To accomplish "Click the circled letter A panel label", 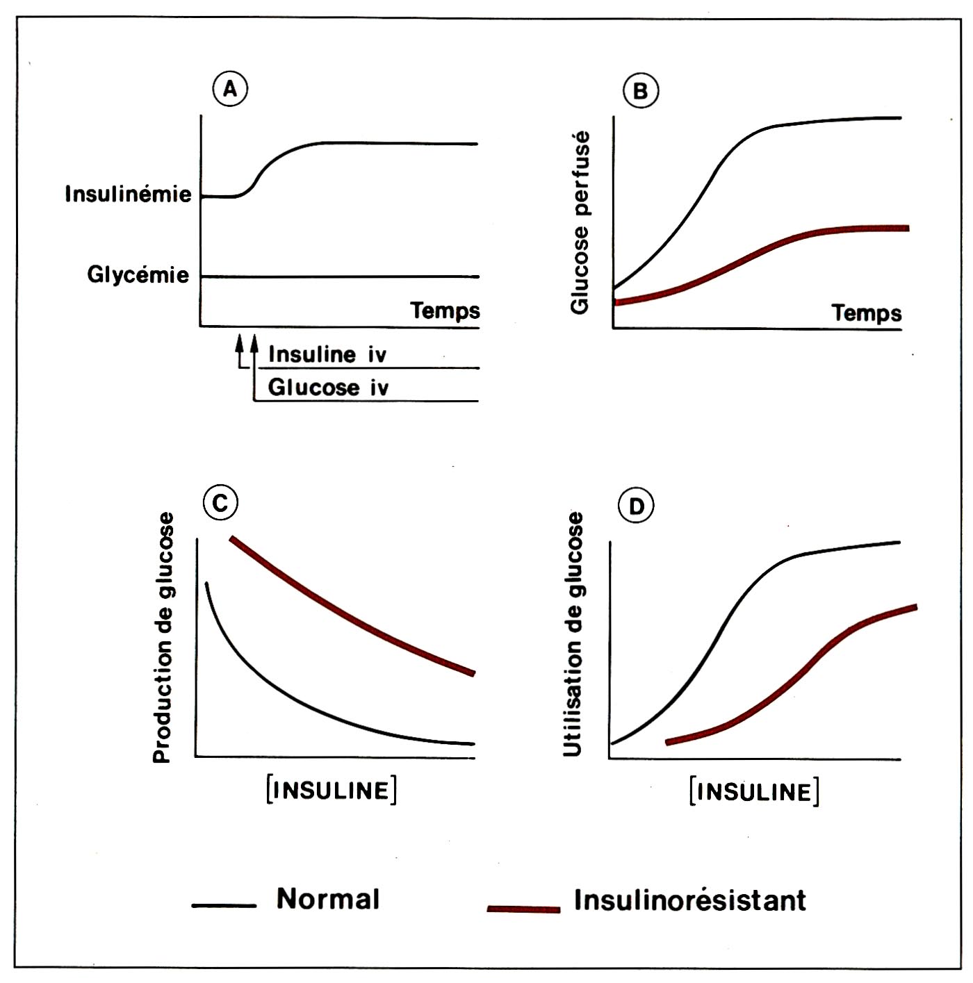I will (x=230, y=90).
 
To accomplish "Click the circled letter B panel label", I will (x=640, y=92).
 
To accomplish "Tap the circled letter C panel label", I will (x=220, y=502).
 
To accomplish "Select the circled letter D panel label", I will (x=637, y=506).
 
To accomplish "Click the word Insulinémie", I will (x=128, y=194).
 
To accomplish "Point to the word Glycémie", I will (x=138, y=275).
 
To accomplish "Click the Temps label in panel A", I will (x=445, y=311).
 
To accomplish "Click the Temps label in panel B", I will (x=867, y=313).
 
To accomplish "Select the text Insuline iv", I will (x=327, y=355).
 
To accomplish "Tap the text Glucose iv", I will (x=328, y=388).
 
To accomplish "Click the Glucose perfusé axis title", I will (x=580, y=222).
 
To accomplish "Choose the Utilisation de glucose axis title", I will (x=574, y=634).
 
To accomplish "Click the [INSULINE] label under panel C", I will (x=332, y=791).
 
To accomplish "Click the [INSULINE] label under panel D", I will (x=754, y=792).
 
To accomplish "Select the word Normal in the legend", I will (x=328, y=899).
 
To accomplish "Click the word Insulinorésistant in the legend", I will (x=689, y=900).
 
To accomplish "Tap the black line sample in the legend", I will (x=224, y=905).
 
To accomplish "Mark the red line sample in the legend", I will (x=523, y=909).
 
